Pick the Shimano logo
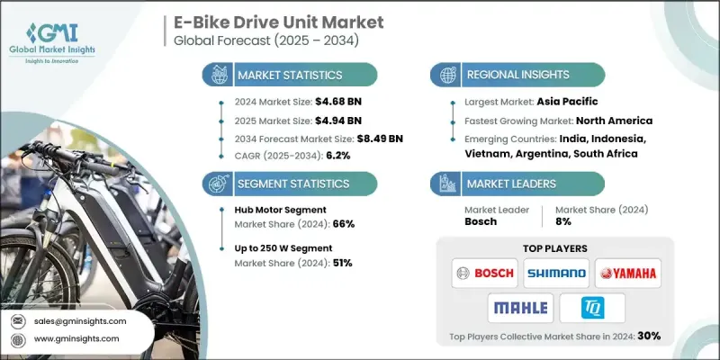click(554, 271)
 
